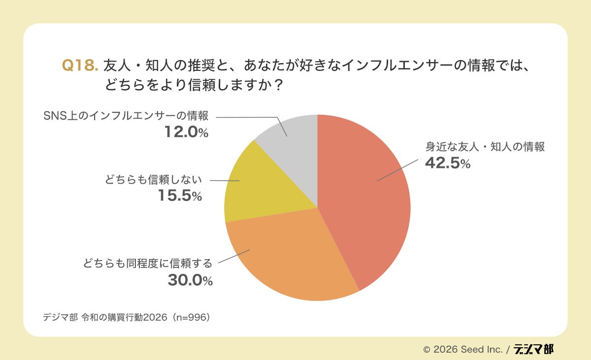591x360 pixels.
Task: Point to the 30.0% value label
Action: (x=190, y=280)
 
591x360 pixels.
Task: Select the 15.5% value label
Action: (x=180, y=196)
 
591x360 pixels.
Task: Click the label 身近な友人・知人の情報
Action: (x=485, y=147)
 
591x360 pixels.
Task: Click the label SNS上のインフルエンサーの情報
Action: (x=125, y=117)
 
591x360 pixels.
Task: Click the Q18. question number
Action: (x=80, y=65)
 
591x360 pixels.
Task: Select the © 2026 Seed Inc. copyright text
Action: (x=462, y=350)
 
